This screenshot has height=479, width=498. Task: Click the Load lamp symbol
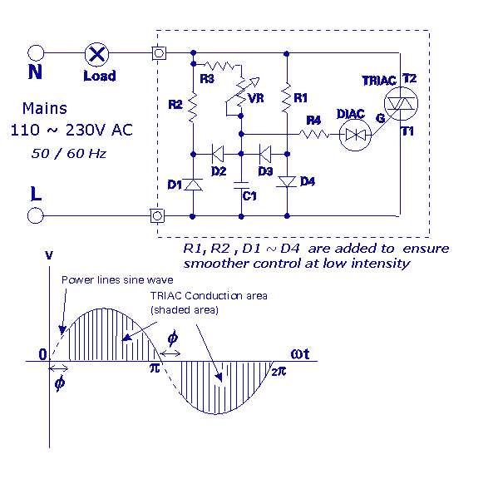(x=97, y=54)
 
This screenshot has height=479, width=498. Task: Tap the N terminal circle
(x=36, y=52)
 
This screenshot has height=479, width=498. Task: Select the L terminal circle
(x=35, y=215)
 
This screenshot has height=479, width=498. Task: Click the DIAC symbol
(x=355, y=135)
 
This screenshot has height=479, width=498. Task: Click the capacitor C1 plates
(x=241, y=185)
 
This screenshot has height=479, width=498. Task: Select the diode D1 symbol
(x=193, y=185)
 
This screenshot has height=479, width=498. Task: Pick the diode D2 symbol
(x=218, y=154)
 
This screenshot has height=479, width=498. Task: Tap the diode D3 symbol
(x=265, y=154)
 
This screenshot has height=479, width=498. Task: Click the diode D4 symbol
(x=287, y=181)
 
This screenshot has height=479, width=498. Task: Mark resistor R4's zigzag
(x=314, y=134)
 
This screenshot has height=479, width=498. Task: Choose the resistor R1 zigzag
(x=287, y=97)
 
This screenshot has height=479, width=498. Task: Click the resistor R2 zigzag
(x=193, y=107)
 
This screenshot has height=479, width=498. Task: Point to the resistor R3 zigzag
(x=219, y=66)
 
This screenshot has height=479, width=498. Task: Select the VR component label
(x=256, y=98)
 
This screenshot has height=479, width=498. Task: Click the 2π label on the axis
(x=279, y=372)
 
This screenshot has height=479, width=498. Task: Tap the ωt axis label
(x=300, y=354)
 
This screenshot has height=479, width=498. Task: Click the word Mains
(x=45, y=108)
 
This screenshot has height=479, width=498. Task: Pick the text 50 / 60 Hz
(x=69, y=153)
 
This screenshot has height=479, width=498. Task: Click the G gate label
(x=380, y=118)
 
